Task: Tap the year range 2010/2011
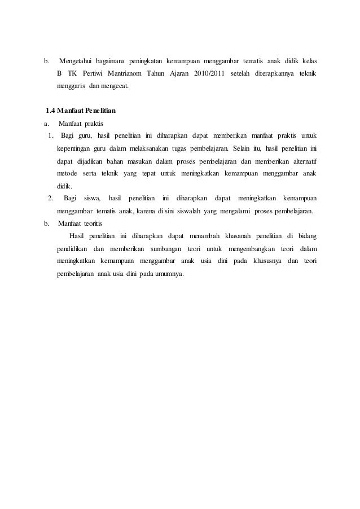pyautogui.click(x=208, y=74)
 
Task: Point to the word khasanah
pyautogui.click(x=237, y=235)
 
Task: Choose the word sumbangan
pyautogui.click(x=164, y=249)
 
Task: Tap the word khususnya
pyautogui.click(x=266, y=261)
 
